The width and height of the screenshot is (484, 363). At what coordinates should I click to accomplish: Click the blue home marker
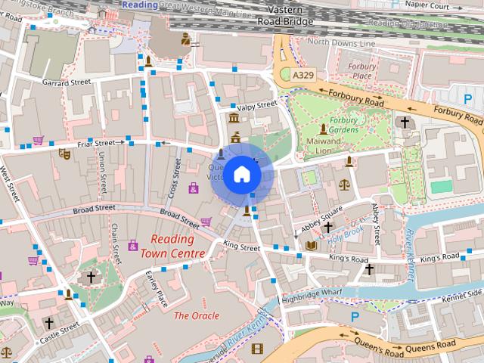point(242,174)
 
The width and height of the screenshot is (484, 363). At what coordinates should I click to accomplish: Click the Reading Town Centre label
point(172,247)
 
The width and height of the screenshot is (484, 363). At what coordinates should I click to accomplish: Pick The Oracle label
point(197,315)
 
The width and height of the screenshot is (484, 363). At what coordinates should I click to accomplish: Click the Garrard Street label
point(67,81)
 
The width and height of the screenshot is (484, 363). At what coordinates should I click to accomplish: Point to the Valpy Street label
point(257,106)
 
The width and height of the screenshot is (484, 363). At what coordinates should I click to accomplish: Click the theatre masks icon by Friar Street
point(65,154)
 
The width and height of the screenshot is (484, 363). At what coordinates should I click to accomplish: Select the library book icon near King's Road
point(312,245)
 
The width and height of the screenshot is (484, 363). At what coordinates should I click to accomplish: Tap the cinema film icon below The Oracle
point(257,349)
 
